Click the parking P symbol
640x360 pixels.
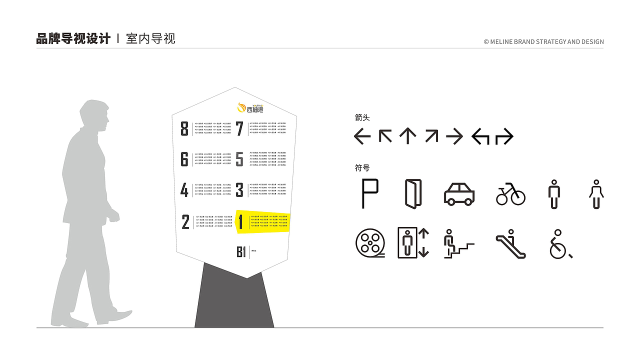[369, 193]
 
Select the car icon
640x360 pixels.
[459, 194]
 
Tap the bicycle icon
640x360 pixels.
[510, 194]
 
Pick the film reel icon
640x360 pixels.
[370, 243]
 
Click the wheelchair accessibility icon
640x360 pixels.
[559, 244]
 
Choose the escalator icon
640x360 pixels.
[511, 243]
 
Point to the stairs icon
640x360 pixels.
[458, 243]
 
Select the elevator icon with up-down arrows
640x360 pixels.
[413, 243]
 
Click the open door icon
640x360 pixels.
[413, 193]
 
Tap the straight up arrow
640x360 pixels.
[407, 136]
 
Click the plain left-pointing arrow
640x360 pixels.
[362, 136]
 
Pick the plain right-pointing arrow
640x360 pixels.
[454, 136]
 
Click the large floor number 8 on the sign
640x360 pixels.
[184, 128]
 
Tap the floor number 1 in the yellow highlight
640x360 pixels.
[241, 222]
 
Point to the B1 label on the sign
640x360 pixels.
[241, 252]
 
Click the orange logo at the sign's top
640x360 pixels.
[242, 107]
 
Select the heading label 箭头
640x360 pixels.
[362, 118]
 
